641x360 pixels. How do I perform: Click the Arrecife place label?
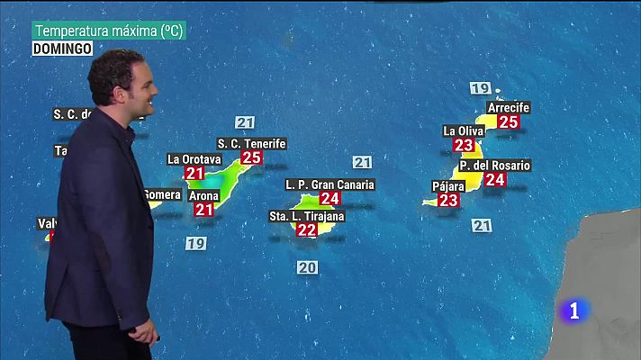click(508, 108)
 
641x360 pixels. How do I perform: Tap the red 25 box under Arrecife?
click(509, 121)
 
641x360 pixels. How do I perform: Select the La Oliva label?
click(464, 130)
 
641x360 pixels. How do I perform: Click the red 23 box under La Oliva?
click(464, 145)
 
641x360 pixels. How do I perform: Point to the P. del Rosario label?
click(494, 166)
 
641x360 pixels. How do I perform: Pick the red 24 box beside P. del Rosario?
click(494, 179)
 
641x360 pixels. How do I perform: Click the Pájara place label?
click(448, 186)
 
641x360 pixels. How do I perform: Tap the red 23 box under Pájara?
click(448, 200)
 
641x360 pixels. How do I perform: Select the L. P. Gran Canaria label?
click(330, 184)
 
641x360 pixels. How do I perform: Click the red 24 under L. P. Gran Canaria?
click(330, 198)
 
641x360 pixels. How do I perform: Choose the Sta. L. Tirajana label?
click(307, 216)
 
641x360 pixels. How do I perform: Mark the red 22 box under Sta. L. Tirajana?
click(307, 229)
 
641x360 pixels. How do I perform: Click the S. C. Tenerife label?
click(251, 144)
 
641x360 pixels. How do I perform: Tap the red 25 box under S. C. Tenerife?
click(251, 157)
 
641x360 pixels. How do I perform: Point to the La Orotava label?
click(194, 159)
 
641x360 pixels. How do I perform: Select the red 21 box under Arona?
click(203, 210)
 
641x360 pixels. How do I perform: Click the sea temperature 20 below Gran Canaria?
click(307, 266)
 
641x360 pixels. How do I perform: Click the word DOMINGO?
click(63, 49)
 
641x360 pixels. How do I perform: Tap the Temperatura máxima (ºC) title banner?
click(108, 31)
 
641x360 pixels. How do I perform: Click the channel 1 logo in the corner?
click(574, 311)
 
